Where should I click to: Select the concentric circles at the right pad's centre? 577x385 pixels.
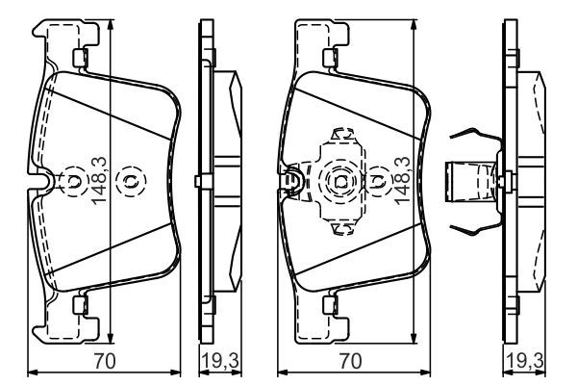(x=340, y=180)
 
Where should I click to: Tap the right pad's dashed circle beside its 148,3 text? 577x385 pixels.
(x=378, y=180)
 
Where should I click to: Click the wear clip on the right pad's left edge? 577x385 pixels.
(x=289, y=180)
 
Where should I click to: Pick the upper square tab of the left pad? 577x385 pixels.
(x=81, y=56)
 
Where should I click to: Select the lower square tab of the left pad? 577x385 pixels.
(x=81, y=305)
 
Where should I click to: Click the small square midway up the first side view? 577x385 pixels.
(x=196, y=181)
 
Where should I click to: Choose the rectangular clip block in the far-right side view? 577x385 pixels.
(x=465, y=181)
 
